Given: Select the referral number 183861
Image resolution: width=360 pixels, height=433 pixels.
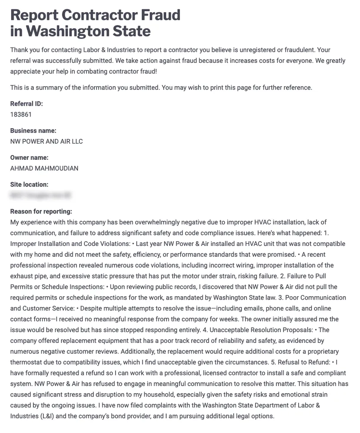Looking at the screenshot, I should point(21,115).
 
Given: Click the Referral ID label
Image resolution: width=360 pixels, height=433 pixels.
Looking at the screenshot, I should point(26,104).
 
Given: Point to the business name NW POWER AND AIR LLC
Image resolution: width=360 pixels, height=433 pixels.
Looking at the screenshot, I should point(46,142).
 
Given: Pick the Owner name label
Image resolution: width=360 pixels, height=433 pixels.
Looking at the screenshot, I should point(29,158).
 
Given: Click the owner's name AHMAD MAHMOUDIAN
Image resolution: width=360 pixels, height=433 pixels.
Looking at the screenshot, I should point(44,168).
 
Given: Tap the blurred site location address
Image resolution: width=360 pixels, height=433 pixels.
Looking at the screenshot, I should point(40,195).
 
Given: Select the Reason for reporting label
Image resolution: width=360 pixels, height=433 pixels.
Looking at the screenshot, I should point(41,211).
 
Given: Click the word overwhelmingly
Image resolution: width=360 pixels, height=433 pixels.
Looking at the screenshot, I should point(149,222).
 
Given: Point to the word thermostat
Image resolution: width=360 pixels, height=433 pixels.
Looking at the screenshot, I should point(26,362).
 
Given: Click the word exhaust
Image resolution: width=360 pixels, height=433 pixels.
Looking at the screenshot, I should point(22,276).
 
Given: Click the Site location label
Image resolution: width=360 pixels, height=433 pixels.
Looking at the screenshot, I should point(29,184).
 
